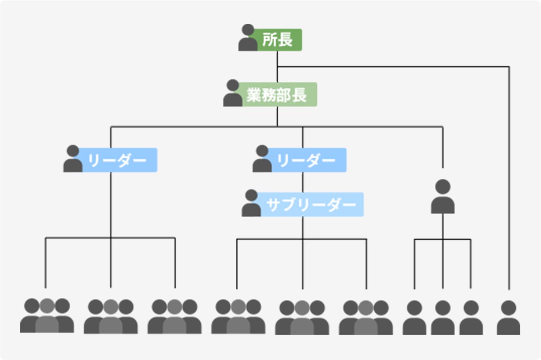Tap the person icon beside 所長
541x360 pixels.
(248, 38)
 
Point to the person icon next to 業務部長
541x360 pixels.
(233, 93)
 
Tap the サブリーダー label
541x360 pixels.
(311, 204)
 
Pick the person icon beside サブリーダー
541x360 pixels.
(251, 203)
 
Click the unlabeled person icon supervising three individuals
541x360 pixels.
(442, 196)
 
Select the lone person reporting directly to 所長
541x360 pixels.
(508, 318)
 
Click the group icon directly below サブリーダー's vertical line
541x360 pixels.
(302, 318)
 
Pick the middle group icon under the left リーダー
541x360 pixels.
(111, 317)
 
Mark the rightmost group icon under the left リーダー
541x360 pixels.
(174, 317)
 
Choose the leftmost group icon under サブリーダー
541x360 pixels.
(238, 317)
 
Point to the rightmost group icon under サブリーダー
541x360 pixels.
(366, 318)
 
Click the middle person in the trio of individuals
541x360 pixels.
(442, 318)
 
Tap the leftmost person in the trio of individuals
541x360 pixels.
(414, 318)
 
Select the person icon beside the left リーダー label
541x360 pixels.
(73, 159)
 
